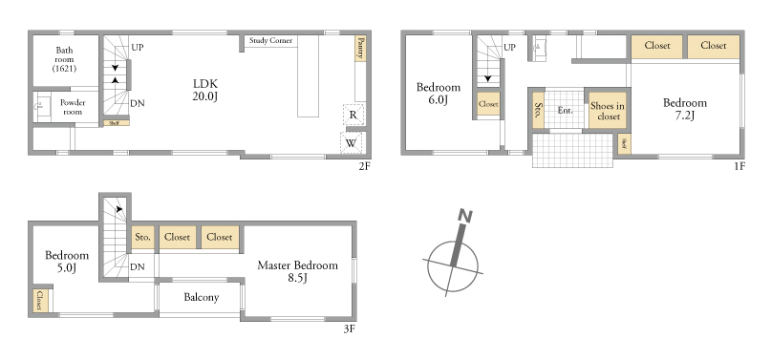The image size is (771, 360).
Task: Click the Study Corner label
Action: click(270, 40)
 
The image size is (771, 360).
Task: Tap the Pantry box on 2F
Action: click(360, 48)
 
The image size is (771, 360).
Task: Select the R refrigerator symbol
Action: click(353, 115)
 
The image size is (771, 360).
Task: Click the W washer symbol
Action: click(351, 143)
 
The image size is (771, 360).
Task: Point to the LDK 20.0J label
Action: click(205, 90)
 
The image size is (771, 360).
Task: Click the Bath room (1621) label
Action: click(64, 59)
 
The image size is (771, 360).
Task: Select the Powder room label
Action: click(73, 107)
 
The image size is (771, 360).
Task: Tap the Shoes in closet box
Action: click(608, 111)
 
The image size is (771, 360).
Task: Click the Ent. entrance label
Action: click(565, 111)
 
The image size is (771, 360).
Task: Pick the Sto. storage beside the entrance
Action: click(539, 111)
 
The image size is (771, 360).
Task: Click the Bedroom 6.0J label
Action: click(439, 94)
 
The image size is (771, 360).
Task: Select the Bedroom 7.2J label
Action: click(685, 109)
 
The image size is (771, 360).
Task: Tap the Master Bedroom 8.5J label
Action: click(298, 271)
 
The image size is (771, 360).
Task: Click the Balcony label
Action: click(202, 297)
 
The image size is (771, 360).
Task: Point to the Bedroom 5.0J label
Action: click(67, 262)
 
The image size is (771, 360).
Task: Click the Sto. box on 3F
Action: click(143, 238)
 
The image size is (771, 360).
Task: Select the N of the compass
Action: click(465, 216)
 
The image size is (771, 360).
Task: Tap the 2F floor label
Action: click(364, 166)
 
